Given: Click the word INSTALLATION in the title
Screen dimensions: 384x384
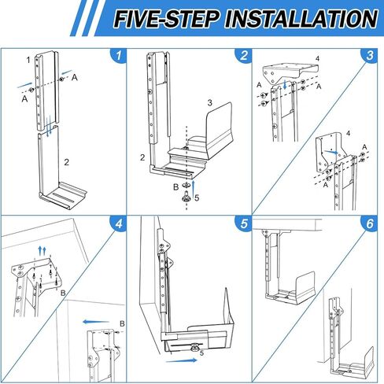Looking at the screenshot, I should pos(299,19).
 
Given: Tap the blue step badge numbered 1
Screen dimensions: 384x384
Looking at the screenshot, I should pos(118,56).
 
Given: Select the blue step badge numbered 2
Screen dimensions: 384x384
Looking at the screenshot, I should pos(244,56).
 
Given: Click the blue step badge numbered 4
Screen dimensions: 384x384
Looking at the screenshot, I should pos(118,225).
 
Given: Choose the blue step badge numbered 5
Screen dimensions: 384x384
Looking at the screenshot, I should pos(244,225).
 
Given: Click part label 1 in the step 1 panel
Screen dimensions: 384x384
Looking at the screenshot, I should pos(28,60).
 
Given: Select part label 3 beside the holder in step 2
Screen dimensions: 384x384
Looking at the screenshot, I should pos(210,102).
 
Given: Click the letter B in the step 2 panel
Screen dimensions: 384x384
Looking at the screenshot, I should pos(175,186).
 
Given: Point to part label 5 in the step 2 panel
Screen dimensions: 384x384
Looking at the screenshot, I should pos(197,198).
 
